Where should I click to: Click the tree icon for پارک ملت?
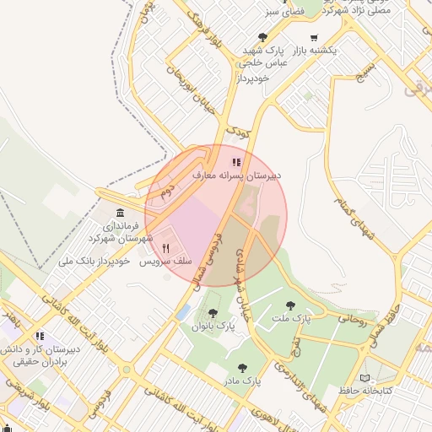pyautogui.click(x=291, y=306)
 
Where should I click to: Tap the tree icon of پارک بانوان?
pyautogui.click(x=211, y=313)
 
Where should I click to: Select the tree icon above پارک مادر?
pyautogui.click(x=243, y=368)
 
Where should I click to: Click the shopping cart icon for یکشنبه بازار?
pyautogui.click(x=314, y=37)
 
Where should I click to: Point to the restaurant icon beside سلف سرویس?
pyautogui.click(x=166, y=249)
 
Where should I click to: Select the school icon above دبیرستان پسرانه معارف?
pyautogui.click(x=236, y=162)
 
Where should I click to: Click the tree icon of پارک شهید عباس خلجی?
pyautogui.click(x=263, y=37)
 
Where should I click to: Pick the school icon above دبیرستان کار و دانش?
pyautogui.click(x=40, y=335)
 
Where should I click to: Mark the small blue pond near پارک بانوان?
pyautogui.click(x=184, y=313)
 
